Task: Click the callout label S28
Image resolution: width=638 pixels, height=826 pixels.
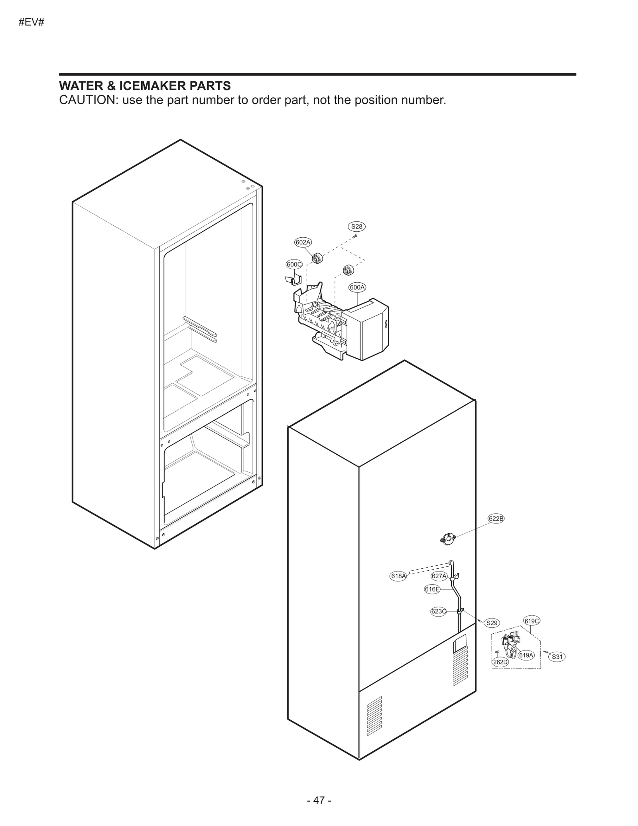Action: (x=356, y=227)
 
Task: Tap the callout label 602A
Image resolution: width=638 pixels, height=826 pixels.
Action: (x=303, y=242)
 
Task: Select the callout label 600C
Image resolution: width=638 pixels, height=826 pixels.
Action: (x=294, y=264)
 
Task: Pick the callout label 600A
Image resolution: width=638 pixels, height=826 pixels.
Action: (x=357, y=287)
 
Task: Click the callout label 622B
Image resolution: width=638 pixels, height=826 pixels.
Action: (x=496, y=518)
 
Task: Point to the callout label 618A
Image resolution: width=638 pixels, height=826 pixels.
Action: (x=398, y=576)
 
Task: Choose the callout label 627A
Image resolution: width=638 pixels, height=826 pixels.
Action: (x=439, y=576)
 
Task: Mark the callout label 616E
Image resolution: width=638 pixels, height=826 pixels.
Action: (x=432, y=589)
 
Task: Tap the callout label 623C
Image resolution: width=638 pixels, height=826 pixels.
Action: (x=438, y=611)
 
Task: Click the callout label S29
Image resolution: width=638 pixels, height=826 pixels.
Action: (x=492, y=623)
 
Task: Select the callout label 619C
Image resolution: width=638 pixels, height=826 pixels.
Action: (x=532, y=621)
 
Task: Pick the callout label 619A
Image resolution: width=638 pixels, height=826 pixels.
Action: (x=526, y=655)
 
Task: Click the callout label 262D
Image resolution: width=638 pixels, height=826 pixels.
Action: (x=500, y=662)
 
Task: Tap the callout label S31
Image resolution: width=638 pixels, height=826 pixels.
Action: (x=557, y=656)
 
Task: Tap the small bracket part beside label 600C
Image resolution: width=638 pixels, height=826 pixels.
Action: (x=292, y=279)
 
